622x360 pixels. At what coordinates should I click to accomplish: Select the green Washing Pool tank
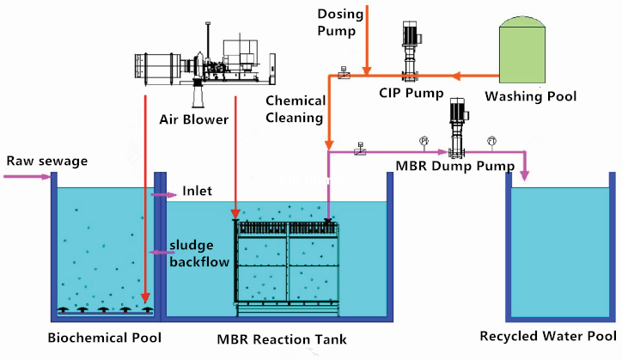[x=522, y=51]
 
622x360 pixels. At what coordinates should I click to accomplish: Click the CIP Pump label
[x=411, y=92]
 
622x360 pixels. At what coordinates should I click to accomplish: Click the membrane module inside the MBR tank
[x=288, y=262]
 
